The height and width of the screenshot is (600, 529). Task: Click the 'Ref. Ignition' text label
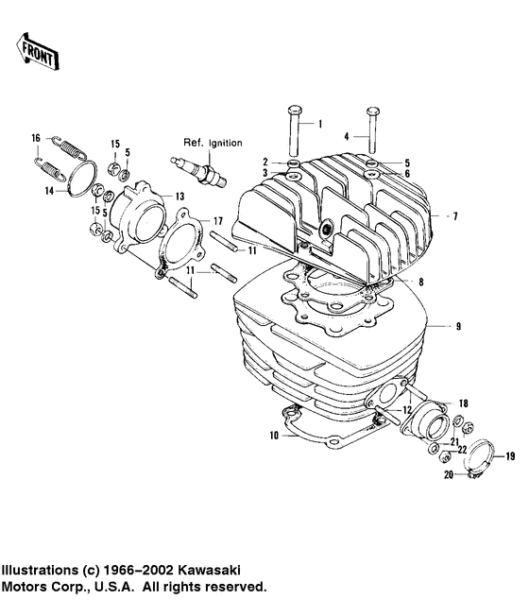pos(206,143)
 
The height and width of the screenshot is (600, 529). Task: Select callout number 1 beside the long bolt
pos(318,124)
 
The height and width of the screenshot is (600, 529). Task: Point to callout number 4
pos(347,135)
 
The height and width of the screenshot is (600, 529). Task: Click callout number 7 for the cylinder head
pos(454,217)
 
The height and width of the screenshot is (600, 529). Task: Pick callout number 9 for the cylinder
pos(457,326)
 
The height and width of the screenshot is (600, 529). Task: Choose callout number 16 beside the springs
pos(36,138)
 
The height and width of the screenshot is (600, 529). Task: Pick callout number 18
pos(462,403)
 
